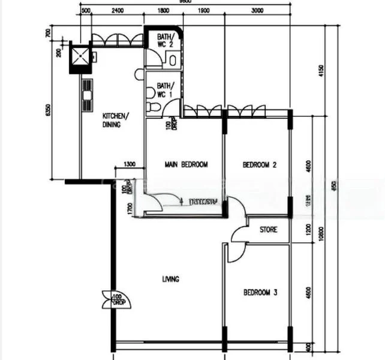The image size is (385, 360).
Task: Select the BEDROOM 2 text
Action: tap(258, 164)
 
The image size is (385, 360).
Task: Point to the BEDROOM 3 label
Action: tap(260, 293)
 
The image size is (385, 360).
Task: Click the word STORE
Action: tap(268, 229)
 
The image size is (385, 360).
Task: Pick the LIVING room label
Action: tap(171, 279)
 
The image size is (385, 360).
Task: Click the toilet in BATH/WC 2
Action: tap(173, 59)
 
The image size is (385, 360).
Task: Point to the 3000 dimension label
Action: tap(258, 11)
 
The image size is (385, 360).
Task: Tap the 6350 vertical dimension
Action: tap(56, 111)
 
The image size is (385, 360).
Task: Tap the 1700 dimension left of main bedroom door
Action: tap(130, 208)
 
